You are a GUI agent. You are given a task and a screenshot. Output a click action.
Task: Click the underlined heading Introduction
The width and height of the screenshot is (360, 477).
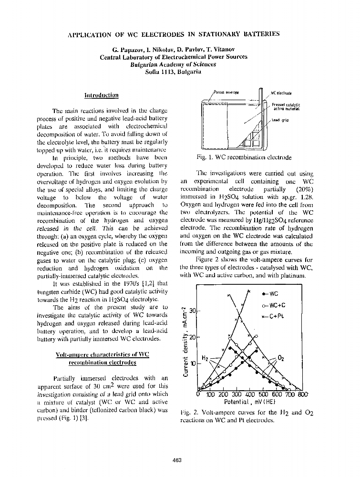click(x=101, y=95)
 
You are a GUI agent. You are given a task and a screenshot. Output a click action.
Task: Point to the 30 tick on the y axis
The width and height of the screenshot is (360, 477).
click(x=193, y=311)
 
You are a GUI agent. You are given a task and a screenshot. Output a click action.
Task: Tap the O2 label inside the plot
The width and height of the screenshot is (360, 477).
click(x=281, y=358)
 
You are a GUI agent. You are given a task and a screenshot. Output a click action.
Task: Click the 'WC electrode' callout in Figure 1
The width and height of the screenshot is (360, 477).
click(x=281, y=93)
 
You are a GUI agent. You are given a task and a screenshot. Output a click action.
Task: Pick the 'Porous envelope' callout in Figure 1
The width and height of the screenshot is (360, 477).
click(x=219, y=92)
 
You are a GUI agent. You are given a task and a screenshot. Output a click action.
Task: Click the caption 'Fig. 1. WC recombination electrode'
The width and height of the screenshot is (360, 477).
click(x=244, y=157)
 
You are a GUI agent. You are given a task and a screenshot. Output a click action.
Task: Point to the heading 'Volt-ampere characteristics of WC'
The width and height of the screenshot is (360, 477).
click(x=103, y=355)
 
